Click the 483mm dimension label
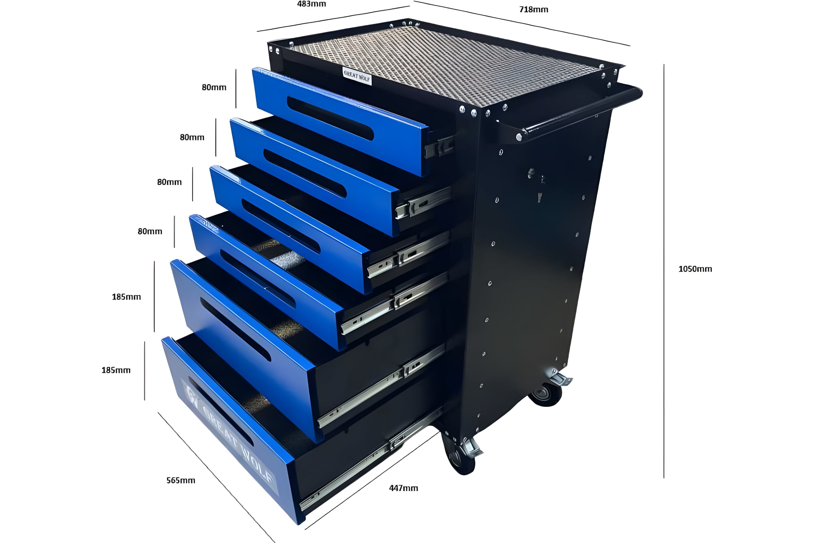click(311, 4)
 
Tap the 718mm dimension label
click(534, 10)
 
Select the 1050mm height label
click(695, 269)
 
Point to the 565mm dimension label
click(181, 480)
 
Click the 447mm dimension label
click(404, 488)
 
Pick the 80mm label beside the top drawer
click(214, 88)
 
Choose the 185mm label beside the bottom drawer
click(116, 370)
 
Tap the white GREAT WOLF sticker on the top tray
click(357, 76)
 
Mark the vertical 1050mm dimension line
click(664, 271)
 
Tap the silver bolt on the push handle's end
click(519, 137)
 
